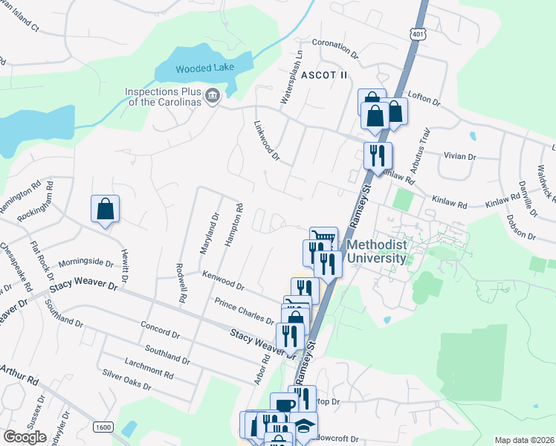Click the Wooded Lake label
coord(205,68)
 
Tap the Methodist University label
coord(377,251)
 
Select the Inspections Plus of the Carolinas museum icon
coord(213,95)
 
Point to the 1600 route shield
coord(103,427)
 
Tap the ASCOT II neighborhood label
coord(324,75)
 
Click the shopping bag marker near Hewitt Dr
coord(106,210)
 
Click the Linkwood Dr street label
coord(266,141)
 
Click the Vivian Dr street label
coord(459,158)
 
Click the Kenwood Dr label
coord(224,279)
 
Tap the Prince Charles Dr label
coord(244,310)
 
